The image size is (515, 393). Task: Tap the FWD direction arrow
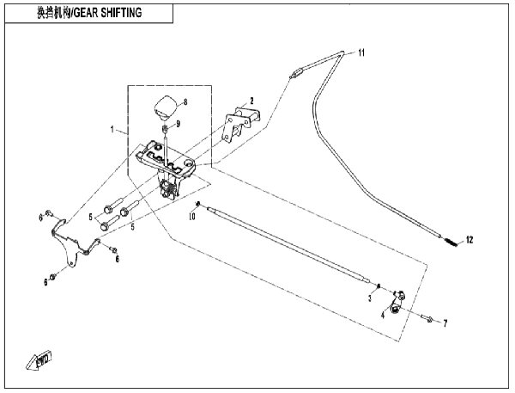click(x=39, y=359)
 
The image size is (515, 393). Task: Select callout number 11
click(x=361, y=52)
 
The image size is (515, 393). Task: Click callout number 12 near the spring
click(x=470, y=240)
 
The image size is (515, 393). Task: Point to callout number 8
click(x=185, y=102)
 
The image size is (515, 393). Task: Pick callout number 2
click(x=251, y=101)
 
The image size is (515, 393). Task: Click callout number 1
click(x=112, y=130)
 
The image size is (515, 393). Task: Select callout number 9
click(x=178, y=124)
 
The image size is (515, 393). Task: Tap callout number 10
click(x=192, y=216)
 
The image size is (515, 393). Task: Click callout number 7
click(x=445, y=323)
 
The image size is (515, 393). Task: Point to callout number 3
click(x=370, y=298)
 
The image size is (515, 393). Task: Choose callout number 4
click(x=383, y=316)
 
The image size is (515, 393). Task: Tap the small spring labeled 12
click(x=452, y=242)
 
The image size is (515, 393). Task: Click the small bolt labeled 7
click(x=427, y=318)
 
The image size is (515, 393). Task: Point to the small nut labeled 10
click(x=197, y=204)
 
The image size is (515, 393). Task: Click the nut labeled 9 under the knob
click(x=166, y=127)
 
